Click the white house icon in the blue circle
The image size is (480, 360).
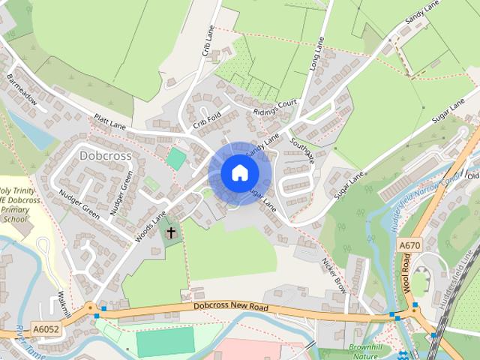pyautogui.click(x=238, y=173)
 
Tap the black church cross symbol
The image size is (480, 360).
pyautogui.click(x=171, y=232)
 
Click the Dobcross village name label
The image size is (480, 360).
pyautogui.click(x=105, y=156)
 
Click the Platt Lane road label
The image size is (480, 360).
pyautogui.click(x=111, y=122)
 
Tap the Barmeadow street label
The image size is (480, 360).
pyautogui.click(x=22, y=86)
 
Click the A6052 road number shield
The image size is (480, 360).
pyautogui.click(x=45, y=328)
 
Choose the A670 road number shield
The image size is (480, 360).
pyautogui.click(x=409, y=245)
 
